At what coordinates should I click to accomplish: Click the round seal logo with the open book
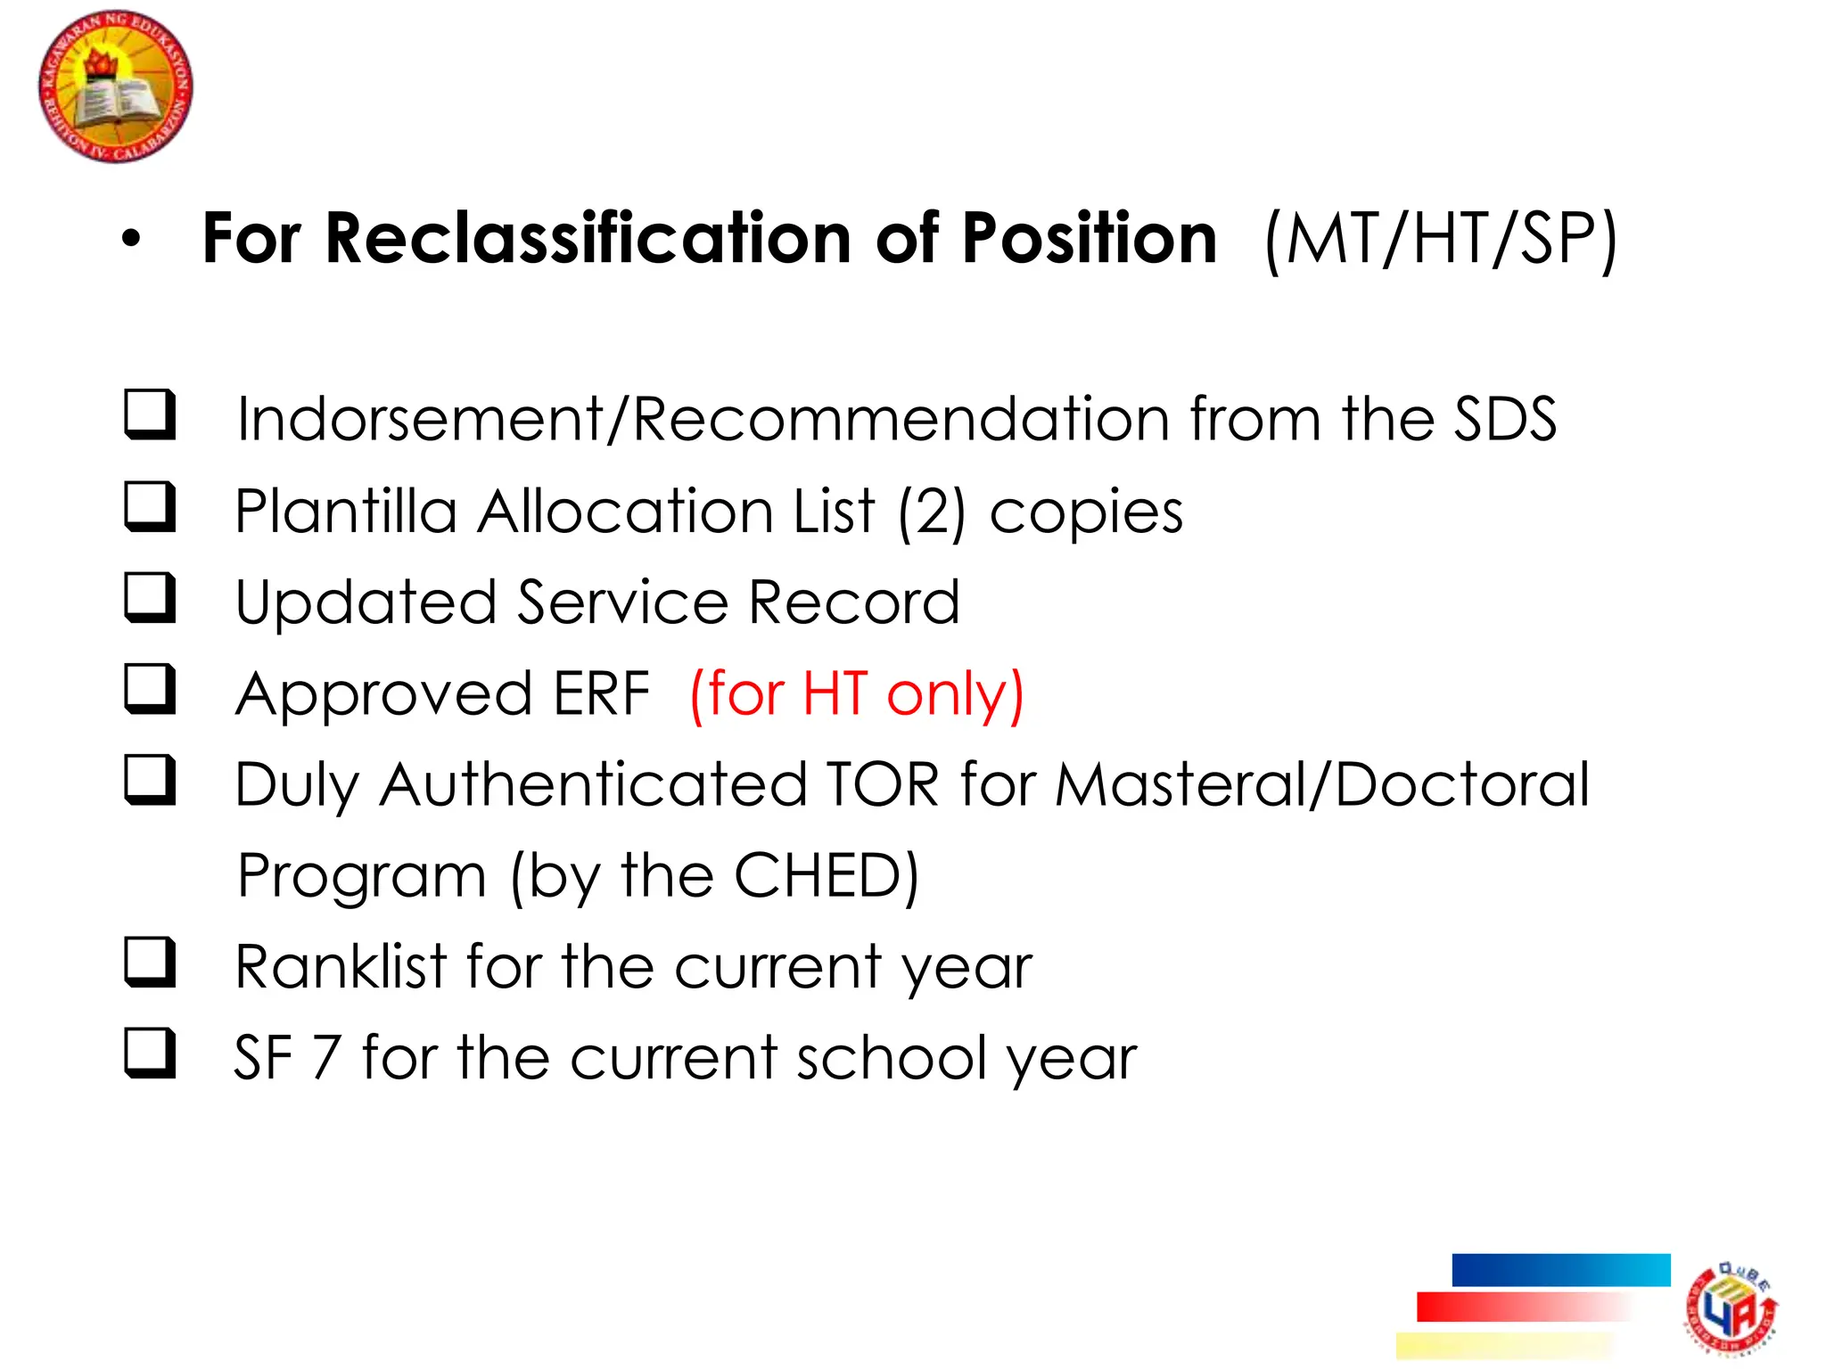[x=115, y=86]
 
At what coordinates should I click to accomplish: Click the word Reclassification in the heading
[x=588, y=239]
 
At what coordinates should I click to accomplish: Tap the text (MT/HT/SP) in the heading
[x=1440, y=239]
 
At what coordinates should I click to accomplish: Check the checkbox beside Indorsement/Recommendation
[x=149, y=414]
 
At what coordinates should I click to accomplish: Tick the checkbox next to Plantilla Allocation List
[x=149, y=506]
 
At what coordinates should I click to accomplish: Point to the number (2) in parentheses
[x=932, y=512]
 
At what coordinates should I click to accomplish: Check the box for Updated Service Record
[x=149, y=597]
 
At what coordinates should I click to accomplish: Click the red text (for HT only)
[x=857, y=694]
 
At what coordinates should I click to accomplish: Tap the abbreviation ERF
[x=602, y=694]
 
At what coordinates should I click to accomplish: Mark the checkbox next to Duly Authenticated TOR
[x=149, y=780]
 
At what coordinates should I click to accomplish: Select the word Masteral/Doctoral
[x=1322, y=785]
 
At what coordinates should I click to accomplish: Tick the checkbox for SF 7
[x=149, y=1053]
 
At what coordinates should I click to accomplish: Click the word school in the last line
[x=892, y=1059]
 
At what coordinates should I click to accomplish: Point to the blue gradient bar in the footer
[x=1560, y=1270]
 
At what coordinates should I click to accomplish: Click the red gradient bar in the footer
[x=1525, y=1307]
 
